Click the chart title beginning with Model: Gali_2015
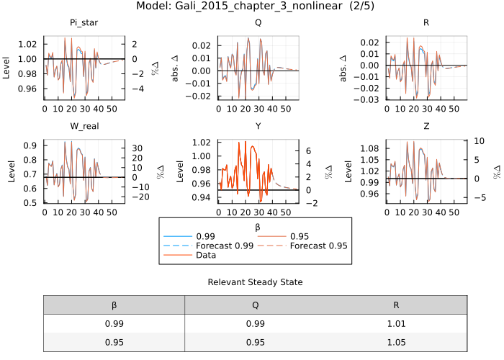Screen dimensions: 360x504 [x=251, y=6]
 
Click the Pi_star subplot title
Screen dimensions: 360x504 [x=84, y=23]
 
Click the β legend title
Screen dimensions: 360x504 [x=257, y=227]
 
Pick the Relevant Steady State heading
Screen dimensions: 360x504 [x=256, y=282]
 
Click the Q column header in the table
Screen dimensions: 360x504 [x=256, y=305]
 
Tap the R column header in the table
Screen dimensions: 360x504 [x=397, y=305]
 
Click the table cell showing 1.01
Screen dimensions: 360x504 [x=397, y=324]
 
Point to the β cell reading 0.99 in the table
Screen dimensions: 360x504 [x=114, y=324]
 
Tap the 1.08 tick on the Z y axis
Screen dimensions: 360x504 [x=372, y=148]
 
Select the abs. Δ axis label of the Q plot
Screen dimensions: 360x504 [x=175, y=65]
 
